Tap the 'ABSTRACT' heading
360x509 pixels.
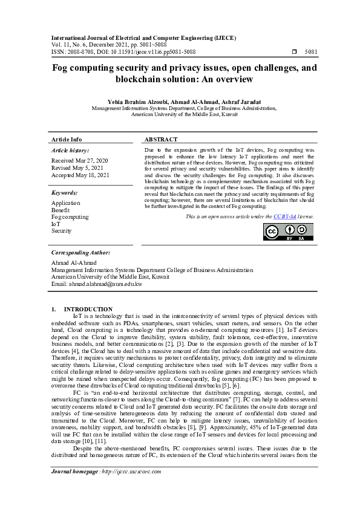[162, 139]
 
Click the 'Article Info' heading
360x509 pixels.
[67, 139]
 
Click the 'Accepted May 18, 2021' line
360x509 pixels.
[80, 175]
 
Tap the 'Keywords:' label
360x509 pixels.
[65, 193]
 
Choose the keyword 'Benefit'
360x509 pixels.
[62, 210]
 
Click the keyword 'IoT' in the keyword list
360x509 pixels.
[56, 224]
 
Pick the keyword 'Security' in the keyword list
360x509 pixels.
[62, 231]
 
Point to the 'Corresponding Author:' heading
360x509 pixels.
[80, 251]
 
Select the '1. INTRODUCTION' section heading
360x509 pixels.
[82, 309]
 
